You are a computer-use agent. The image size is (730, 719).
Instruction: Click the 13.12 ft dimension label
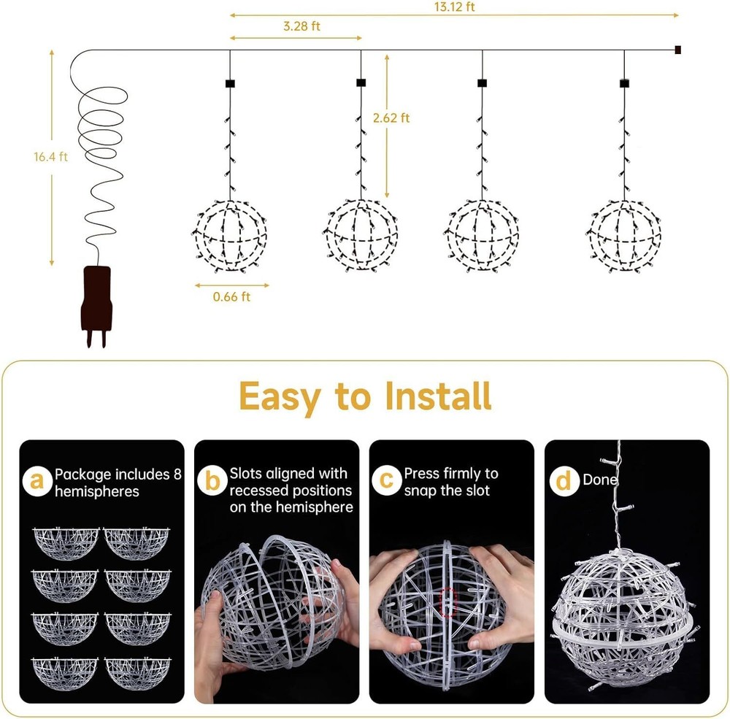453,7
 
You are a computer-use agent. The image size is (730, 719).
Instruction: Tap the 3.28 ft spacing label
301,26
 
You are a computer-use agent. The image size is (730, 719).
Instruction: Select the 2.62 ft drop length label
391,118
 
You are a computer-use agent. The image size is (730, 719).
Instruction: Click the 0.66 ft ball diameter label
231,297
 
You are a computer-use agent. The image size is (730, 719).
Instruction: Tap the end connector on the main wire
678,50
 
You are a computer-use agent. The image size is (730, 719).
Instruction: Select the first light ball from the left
231,235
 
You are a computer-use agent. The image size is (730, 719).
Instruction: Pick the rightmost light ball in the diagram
624,235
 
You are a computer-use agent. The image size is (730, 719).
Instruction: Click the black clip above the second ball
361,82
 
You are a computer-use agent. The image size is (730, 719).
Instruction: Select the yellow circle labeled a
36,482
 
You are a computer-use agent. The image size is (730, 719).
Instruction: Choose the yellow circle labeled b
212,482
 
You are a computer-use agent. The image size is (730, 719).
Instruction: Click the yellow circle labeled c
387,482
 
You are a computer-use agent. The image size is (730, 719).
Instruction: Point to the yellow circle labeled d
563,482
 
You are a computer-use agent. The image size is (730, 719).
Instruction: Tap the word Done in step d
599,480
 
